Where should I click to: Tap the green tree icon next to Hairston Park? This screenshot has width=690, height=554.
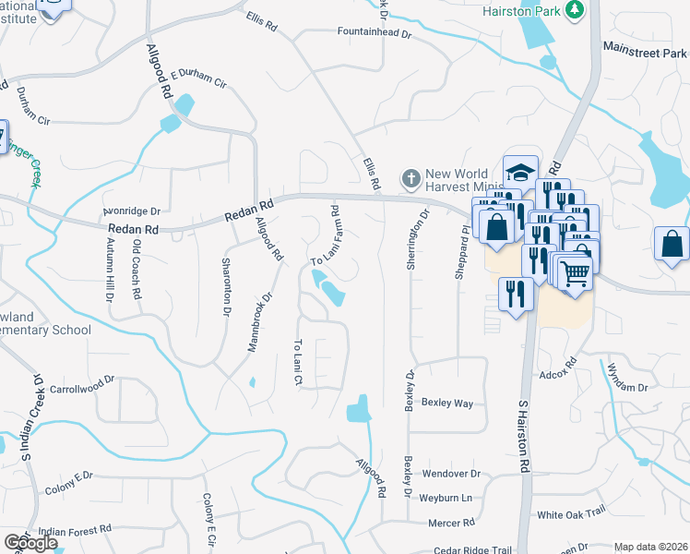click(576, 9)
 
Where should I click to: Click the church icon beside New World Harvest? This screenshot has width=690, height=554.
click(410, 176)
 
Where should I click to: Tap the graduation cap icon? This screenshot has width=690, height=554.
click(520, 172)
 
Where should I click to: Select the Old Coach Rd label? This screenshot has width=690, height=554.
click(136, 269)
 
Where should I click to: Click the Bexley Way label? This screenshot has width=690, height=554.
click(446, 403)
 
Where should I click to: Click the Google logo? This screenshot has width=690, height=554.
click(30, 542)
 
